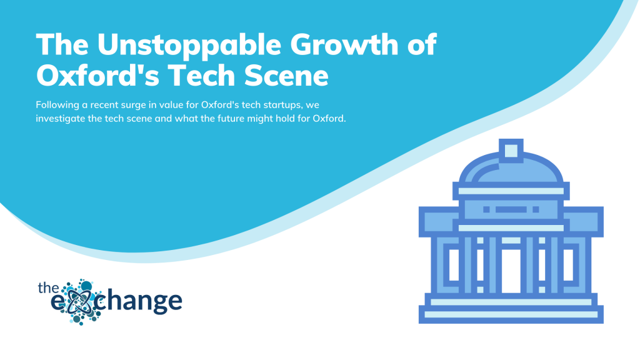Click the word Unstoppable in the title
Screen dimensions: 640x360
pyautogui.click(x=189, y=46)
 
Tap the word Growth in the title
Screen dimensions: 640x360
pyautogui.click(x=345, y=44)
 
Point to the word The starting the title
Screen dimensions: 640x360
pyautogui.click(x=62, y=44)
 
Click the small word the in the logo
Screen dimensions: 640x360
pyautogui.click(x=48, y=288)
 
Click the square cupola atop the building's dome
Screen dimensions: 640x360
pyautogui.click(x=511, y=151)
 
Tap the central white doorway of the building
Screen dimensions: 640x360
pyautogui.click(x=511, y=271)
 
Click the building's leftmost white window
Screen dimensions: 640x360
pyautogui.click(x=454, y=265)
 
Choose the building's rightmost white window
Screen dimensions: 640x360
pyautogui.click(x=568, y=265)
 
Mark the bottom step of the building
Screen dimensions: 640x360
pyautogui.click(x=511, y=315)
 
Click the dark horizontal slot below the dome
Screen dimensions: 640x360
pyautogui.click(x=511, y=209)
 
